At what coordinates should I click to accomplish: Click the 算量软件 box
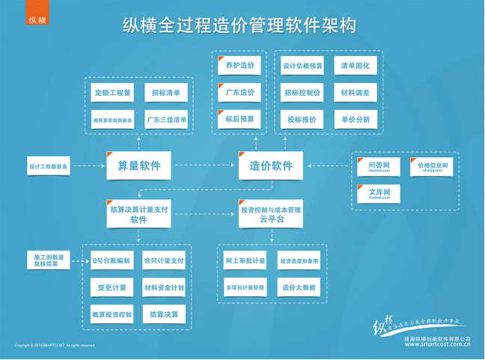coord(138,165)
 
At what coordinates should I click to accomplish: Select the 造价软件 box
coord(271,165)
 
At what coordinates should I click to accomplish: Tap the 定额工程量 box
coord(112,94)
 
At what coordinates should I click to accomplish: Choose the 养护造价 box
coord(240,66)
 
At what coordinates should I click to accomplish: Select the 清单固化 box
coord(356,66)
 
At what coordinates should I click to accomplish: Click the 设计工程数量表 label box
coord(49,166)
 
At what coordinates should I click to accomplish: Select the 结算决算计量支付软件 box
coord(138,216)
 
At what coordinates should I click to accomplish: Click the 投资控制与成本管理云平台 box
coord(271,216)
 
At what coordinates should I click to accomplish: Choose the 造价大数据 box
coord(298,287)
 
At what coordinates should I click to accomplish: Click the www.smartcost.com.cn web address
coord(436,346)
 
